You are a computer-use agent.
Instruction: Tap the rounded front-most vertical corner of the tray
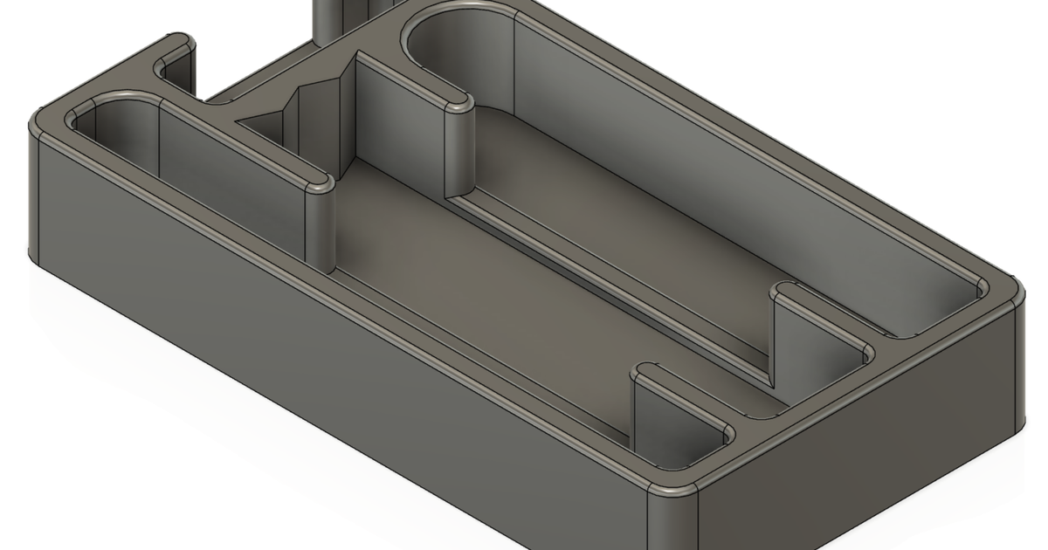point(672,515)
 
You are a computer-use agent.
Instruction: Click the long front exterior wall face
point(332,384)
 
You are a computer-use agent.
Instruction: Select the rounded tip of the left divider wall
point(320,186)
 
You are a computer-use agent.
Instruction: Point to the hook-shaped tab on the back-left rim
point(175,52)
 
